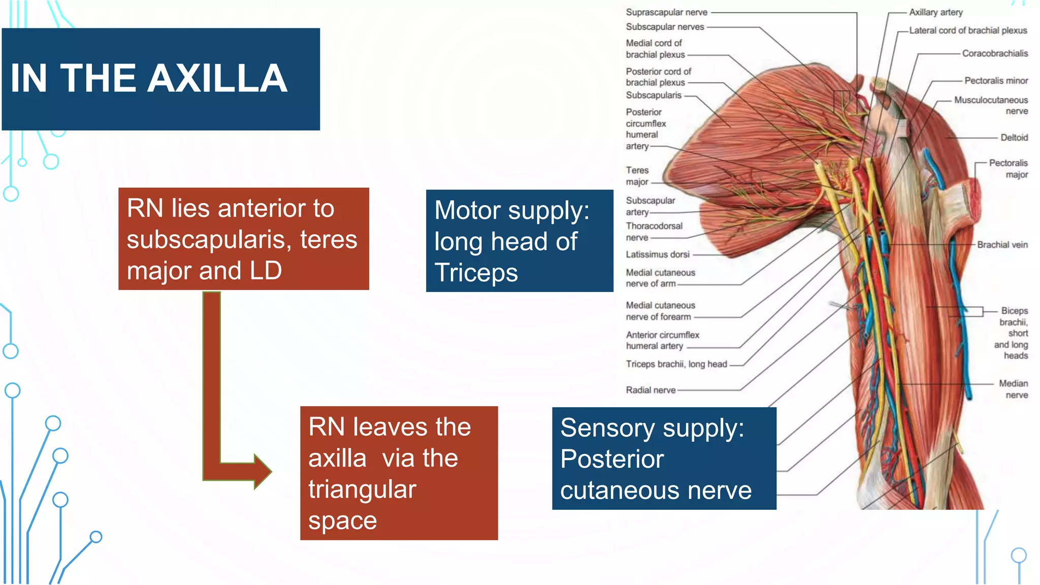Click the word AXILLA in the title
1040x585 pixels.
[x=219, y=79]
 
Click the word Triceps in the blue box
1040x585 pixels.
[x=476, y=273]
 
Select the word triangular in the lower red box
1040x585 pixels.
[x=362, y=490]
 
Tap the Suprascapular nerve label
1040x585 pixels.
[x=666, y=12]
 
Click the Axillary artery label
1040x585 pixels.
[x=935, y=12]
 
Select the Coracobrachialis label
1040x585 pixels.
[x=994, y=53]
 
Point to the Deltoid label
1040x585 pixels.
[x=1014, y=138]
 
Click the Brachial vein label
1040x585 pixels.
[x=1002, y=245]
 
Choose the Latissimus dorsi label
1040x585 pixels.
[x=657, y=254]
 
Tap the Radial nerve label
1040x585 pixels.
[x=651, y=390]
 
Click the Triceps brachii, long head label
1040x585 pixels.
[x=676, y=364]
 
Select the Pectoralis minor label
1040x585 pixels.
[x=996, y=81]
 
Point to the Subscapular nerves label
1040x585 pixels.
[x=665, y=27]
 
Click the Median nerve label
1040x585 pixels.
[x=1013, y=389]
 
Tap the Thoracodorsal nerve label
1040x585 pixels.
[x=654, y=232]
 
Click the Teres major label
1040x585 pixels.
[x=637, y=176]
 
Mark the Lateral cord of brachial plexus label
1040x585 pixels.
[x=967, y=30]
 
